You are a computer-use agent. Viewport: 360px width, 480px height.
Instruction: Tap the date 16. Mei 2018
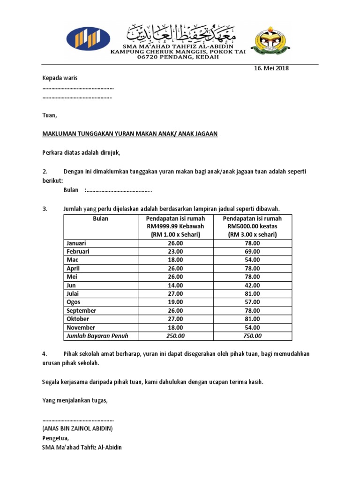click(271, 68)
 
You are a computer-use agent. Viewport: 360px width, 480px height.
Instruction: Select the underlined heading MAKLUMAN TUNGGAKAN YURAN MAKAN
click(130, 134)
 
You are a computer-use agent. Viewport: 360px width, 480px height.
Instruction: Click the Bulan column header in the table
click(100, 219)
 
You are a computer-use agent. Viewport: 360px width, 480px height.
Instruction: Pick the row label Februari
click(78, 252)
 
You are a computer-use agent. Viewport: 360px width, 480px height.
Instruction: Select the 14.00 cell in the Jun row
click(176, 285)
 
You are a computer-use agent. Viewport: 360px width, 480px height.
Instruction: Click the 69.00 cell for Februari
click(252, 252)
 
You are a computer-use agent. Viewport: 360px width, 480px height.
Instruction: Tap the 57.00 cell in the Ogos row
click(252, 302)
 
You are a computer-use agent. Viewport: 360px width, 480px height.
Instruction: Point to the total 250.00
click(176, 336)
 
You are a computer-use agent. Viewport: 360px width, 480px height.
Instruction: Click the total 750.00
click(252, 336)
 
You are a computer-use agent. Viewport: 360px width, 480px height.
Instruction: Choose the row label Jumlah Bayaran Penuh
click(97, 336)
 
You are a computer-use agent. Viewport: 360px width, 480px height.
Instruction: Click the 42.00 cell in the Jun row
click(252, 285)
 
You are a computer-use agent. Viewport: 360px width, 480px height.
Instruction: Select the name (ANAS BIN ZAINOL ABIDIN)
click(77, 428)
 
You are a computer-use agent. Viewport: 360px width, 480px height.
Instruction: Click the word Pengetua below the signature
click(55, 438)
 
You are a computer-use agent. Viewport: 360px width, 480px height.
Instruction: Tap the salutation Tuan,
click(49, 115)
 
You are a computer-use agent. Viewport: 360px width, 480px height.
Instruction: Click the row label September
click(81, 311)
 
